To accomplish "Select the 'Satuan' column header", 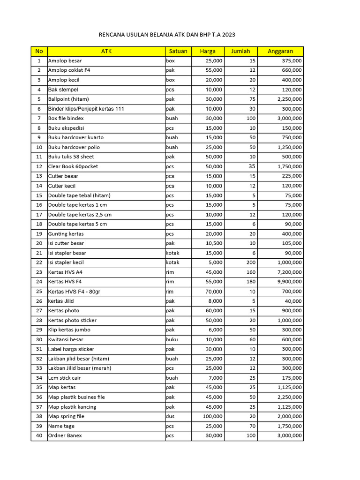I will coord(178,51).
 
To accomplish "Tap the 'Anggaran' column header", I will coord(280,51).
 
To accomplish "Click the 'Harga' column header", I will coord(208,51).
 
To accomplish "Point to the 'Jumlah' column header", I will coord(240,51).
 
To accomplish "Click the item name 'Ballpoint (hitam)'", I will coord(68,99).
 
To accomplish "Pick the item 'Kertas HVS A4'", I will coord(65,272).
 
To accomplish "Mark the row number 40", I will coord(39,435).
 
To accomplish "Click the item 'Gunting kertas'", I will coord(66,233).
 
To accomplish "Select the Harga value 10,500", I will coord(214,243).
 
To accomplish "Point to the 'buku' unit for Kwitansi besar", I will coord(172,339).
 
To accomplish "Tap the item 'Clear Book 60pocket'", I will coord(73,166).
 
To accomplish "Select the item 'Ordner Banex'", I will coord(65,435).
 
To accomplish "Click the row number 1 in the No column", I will coord(39,61).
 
